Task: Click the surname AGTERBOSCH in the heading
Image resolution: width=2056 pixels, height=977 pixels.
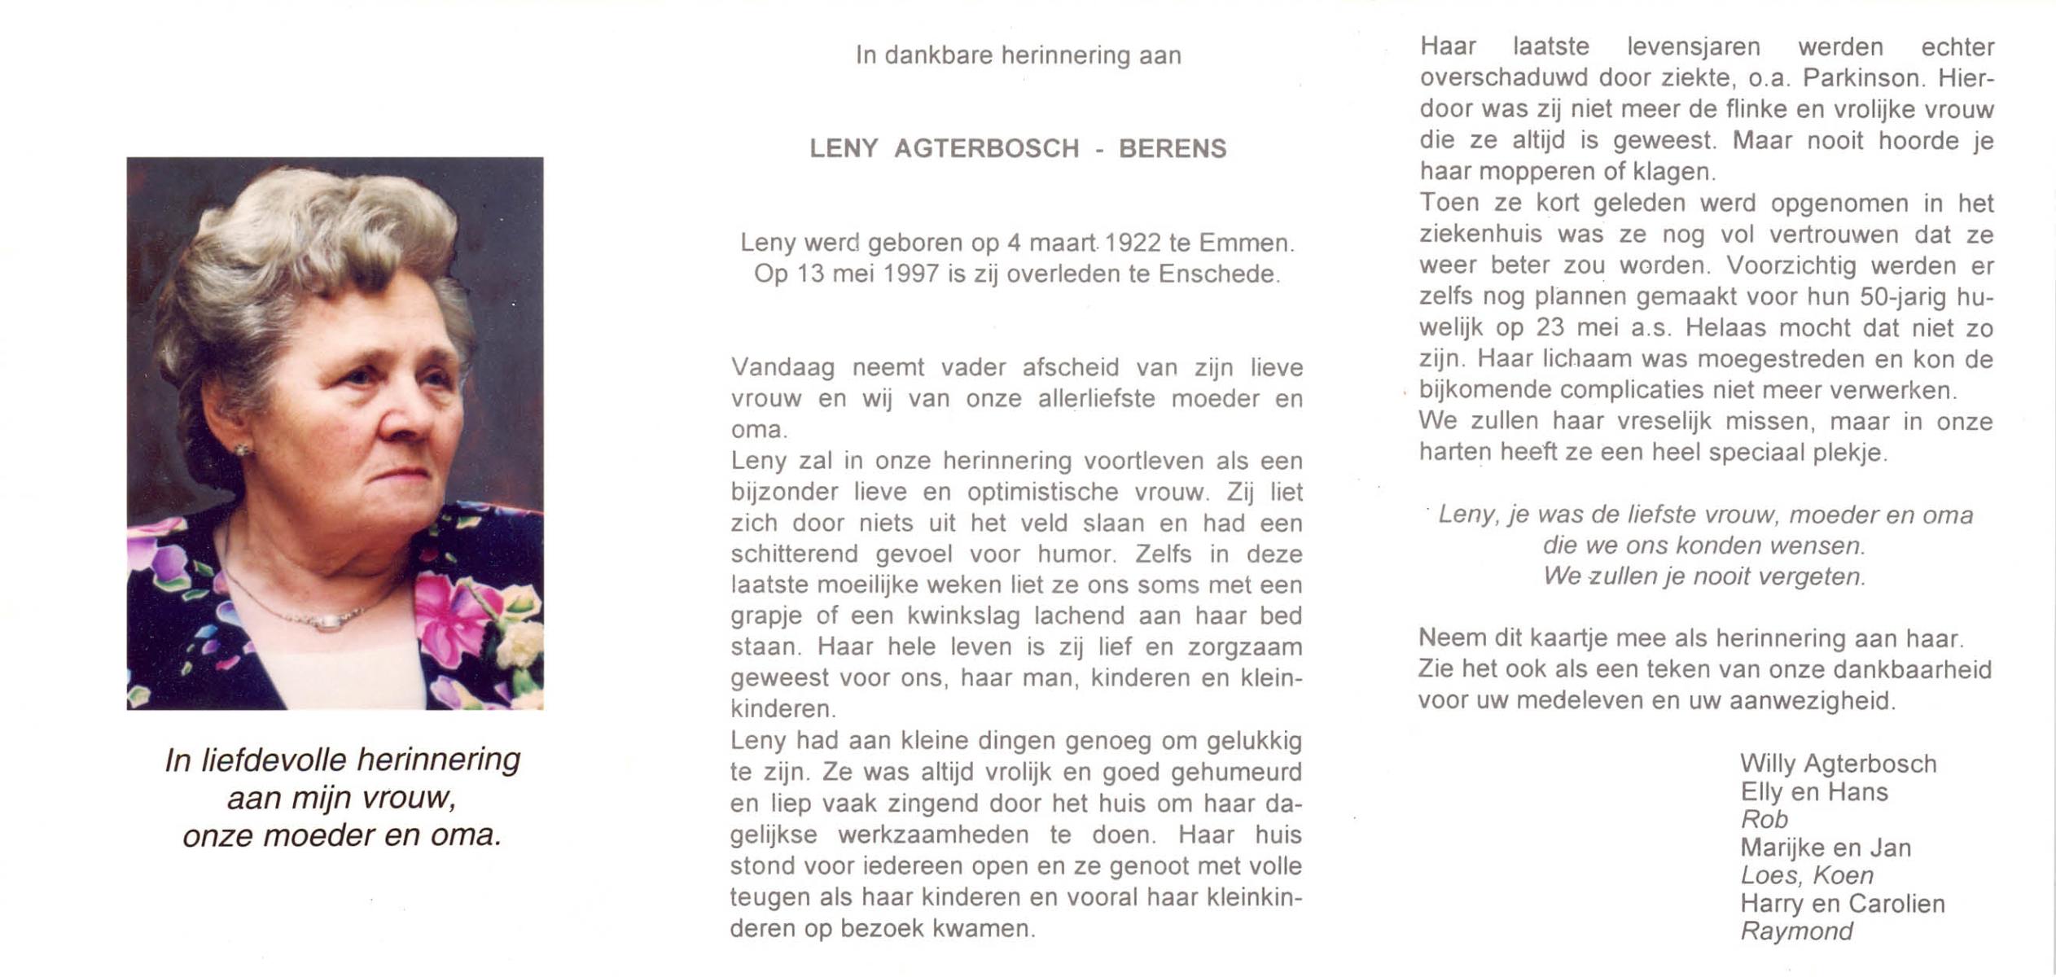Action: (986, 149)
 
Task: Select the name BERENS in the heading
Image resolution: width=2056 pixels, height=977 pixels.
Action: (1173, 149)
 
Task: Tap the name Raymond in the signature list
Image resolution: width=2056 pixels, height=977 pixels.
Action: (1796, 931)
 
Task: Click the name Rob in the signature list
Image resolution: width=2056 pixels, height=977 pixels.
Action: (1764, 820)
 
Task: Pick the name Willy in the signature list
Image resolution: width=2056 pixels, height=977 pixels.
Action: (1768, 764)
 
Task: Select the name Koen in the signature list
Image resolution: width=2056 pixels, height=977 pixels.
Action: (1844, 876)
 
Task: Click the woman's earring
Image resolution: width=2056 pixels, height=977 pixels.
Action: (242, 449)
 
